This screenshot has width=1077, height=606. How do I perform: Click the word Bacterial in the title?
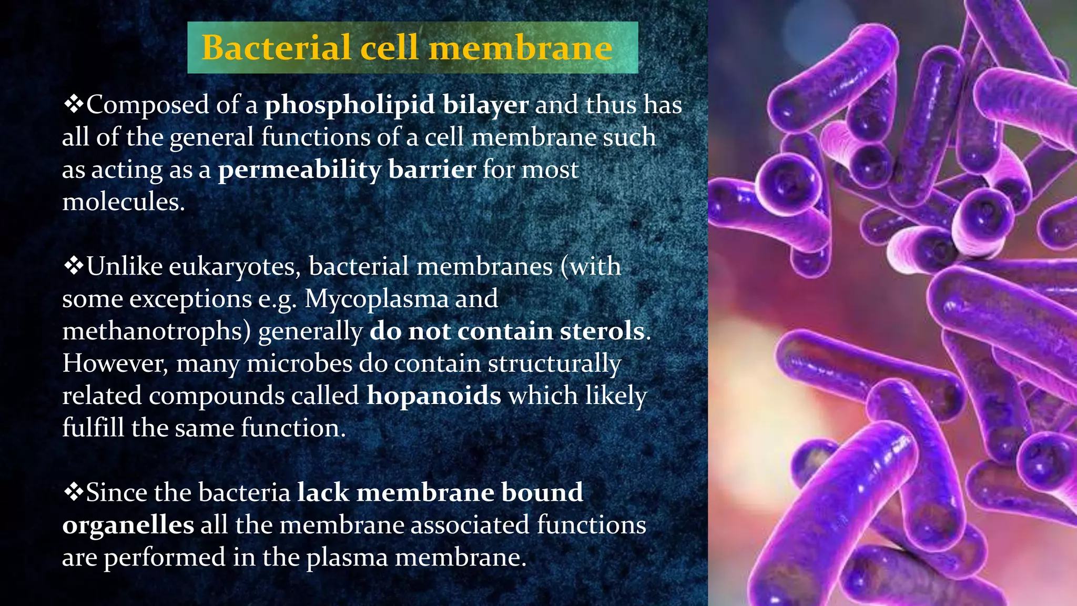click(x=276, y=47)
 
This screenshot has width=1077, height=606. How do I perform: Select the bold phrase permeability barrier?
click(x=347, y=170)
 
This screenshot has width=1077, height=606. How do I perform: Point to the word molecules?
click(x=123, y=202)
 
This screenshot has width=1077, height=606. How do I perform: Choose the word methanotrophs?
click(x=156, y=331)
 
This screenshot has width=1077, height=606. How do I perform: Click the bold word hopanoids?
click(x=434, y=396)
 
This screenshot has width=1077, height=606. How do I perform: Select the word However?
click(x=115, y=363)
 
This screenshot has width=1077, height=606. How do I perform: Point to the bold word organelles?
click(x=128, y=526)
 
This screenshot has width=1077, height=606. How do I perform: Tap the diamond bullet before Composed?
click(x=73, y=104)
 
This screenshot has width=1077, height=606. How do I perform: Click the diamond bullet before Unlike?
click(x=73, y=266)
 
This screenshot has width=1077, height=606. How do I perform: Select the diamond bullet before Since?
click(x=73, y=492)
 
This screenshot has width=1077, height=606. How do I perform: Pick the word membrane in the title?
click(x=521, y=47)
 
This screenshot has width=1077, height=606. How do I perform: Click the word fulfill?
click(x=93, y=428)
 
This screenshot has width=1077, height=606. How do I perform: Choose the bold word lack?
click(x=323, y=493)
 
